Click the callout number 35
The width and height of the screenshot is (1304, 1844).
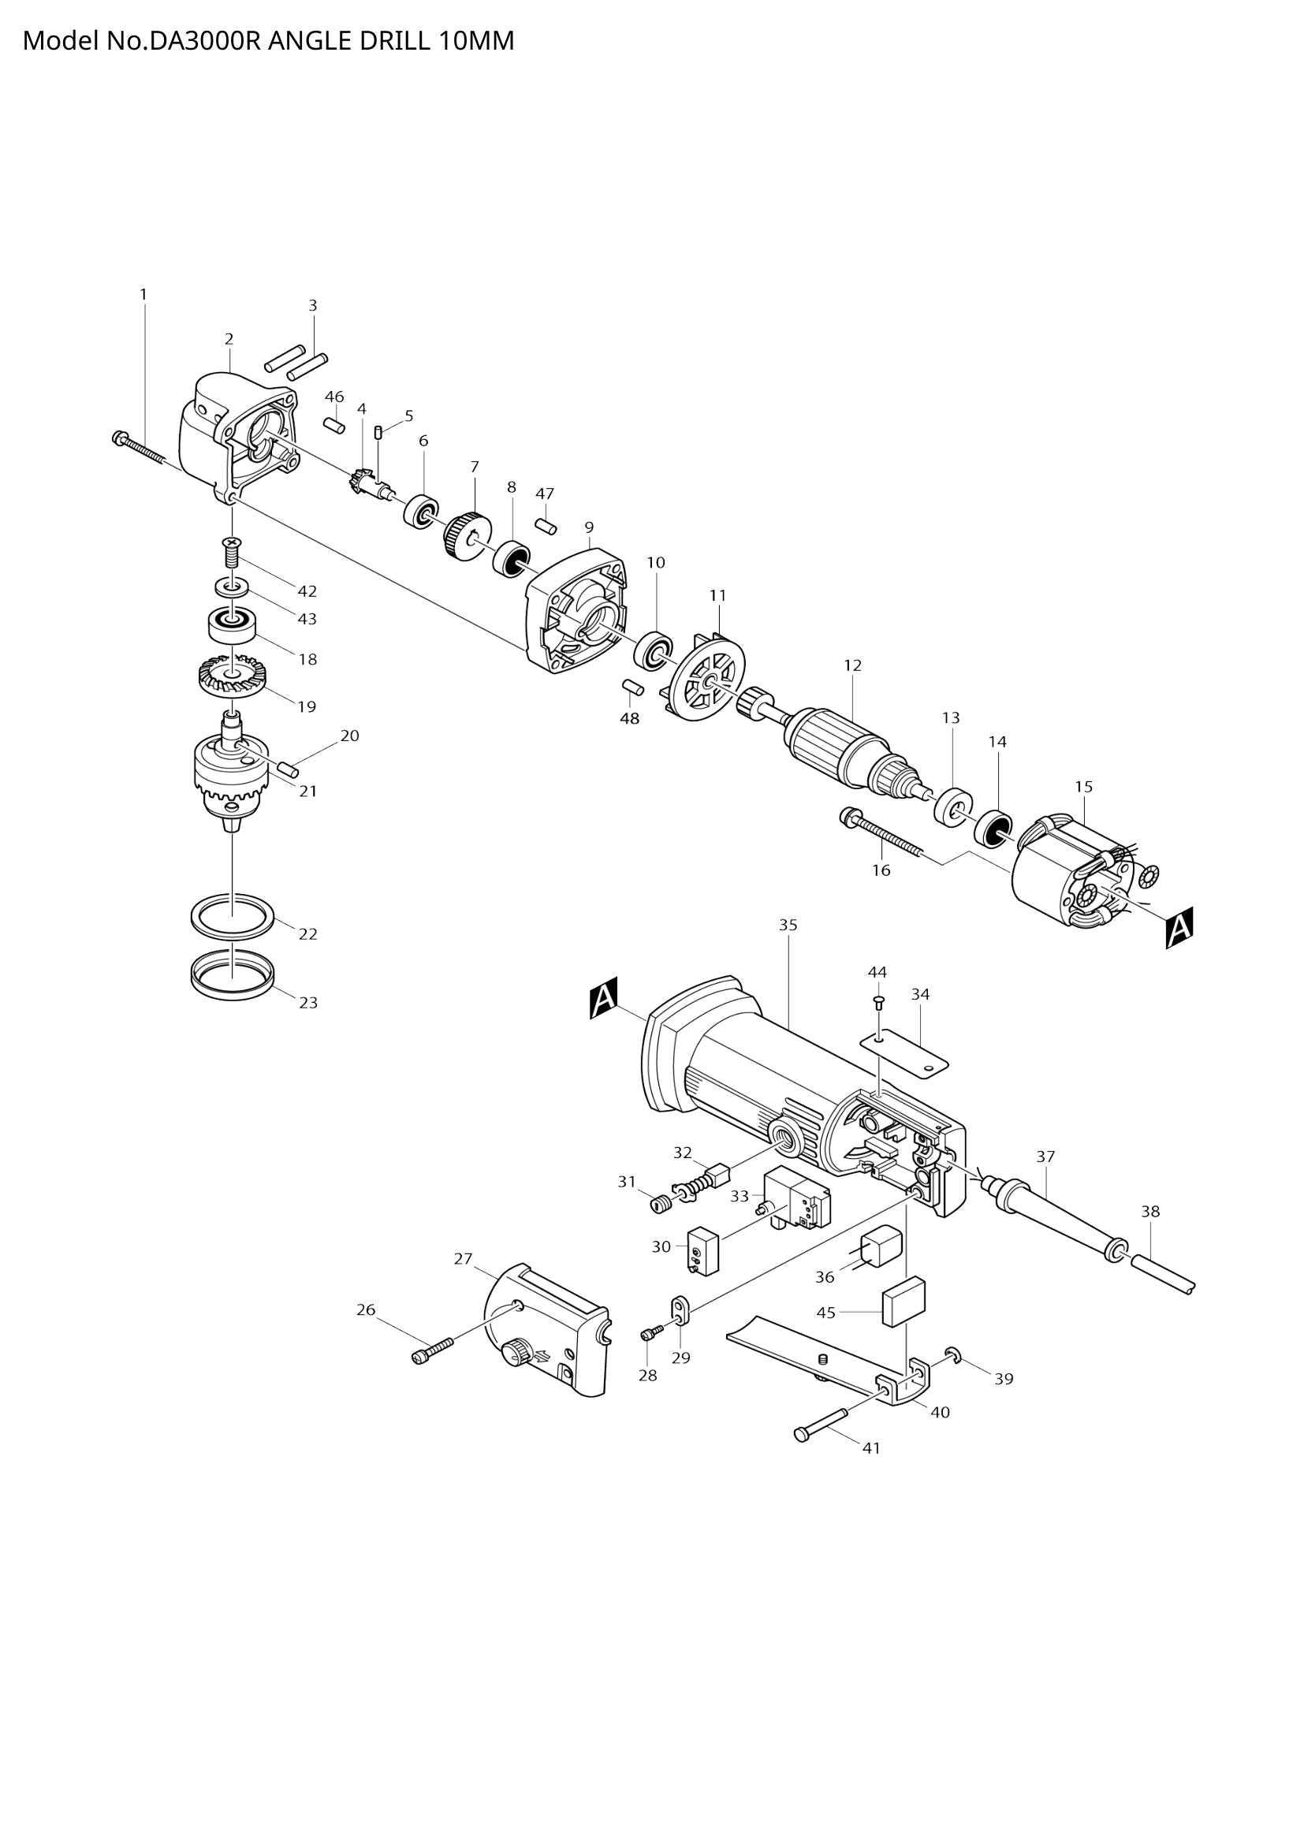(788, 926)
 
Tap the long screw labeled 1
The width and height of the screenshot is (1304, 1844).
(139, 449)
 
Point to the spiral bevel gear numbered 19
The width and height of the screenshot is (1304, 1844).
(231, 677)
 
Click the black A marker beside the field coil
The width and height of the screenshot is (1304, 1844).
(1179, 928)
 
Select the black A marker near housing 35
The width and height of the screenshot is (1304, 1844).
(604, 997)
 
